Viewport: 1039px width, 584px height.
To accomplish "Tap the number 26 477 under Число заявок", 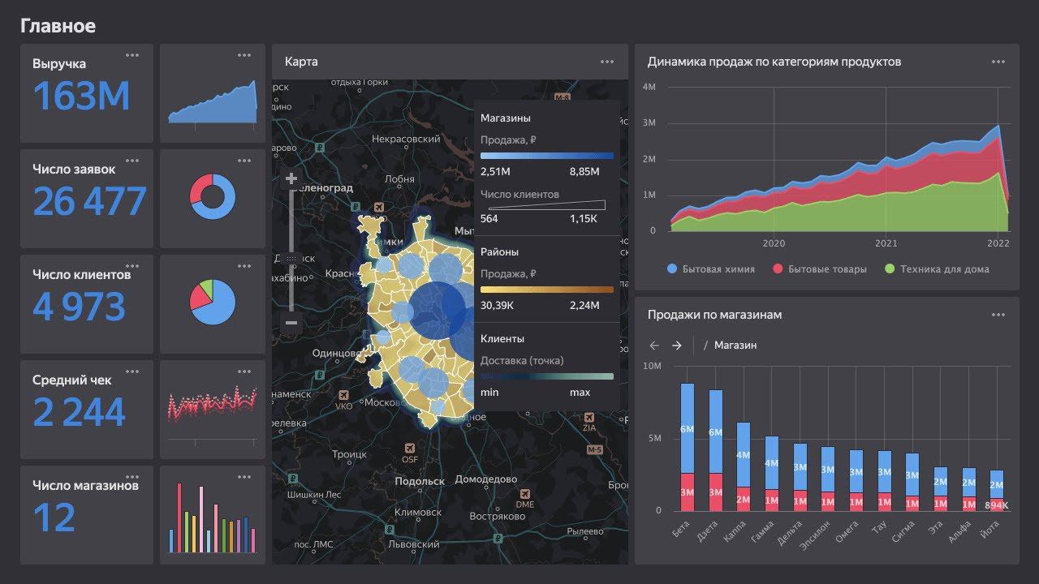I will tap(89, 202).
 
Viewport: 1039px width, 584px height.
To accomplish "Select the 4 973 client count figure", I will tap(80, 307).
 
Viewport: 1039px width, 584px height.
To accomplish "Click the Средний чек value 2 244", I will tap(79, 413).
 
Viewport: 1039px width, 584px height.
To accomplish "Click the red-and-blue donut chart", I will tap(213, 197).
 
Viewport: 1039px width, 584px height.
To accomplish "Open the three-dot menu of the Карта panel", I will tap(607, 62).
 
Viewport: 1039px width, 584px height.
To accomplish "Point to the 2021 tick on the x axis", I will tap(886, 243).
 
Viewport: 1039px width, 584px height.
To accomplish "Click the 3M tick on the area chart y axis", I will tap(649, 123).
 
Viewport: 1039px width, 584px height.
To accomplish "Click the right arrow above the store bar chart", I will tap(677, 346).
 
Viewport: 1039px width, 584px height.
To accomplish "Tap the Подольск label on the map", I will tap(419, 481).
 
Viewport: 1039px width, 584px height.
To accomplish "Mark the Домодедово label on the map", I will tap(485, 479).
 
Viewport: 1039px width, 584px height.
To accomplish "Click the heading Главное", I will tap(58, 26).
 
